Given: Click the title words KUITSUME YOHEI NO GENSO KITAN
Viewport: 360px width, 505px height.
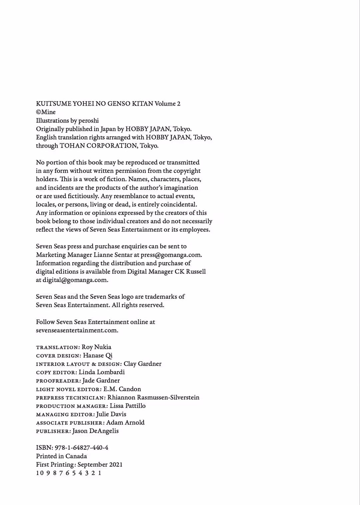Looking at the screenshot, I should click(94, 104).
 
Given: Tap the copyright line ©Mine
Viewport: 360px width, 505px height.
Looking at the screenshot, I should click(46, 112).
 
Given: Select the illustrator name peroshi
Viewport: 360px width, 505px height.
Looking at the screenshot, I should click(88, 121).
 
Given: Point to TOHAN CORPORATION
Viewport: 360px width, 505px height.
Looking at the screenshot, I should click(98, 146).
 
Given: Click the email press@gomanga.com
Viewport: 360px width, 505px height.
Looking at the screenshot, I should click(171, 255).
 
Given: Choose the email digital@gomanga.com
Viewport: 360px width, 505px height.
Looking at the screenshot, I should click(75, 280).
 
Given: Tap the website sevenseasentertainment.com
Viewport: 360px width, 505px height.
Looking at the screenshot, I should click(77, 330).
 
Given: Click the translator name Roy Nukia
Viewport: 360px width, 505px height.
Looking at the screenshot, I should click(96, 347).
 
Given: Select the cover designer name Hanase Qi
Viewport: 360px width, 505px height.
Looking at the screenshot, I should click(98, 355).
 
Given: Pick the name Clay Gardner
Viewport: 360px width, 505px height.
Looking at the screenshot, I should click(142, 364).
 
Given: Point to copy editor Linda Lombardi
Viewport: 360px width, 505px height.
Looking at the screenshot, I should click(102, 372).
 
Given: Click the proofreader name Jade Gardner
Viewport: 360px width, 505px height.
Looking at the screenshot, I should click(101, 380).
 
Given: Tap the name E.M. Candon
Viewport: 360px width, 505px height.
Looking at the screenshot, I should click(122, 389).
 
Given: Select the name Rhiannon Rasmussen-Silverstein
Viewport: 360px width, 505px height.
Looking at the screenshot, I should click(153, 397).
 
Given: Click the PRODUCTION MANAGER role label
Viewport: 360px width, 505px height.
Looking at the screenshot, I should click(72, 406).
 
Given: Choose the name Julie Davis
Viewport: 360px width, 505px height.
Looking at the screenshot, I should click(111, 414).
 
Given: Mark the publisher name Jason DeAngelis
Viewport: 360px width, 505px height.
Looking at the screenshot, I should click(95, 431).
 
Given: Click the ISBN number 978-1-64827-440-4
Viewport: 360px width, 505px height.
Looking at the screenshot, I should click(81, 448).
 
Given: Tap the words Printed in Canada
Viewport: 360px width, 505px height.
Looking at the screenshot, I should click(61, 456).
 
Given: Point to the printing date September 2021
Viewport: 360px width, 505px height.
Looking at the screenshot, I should click(100, 464).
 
